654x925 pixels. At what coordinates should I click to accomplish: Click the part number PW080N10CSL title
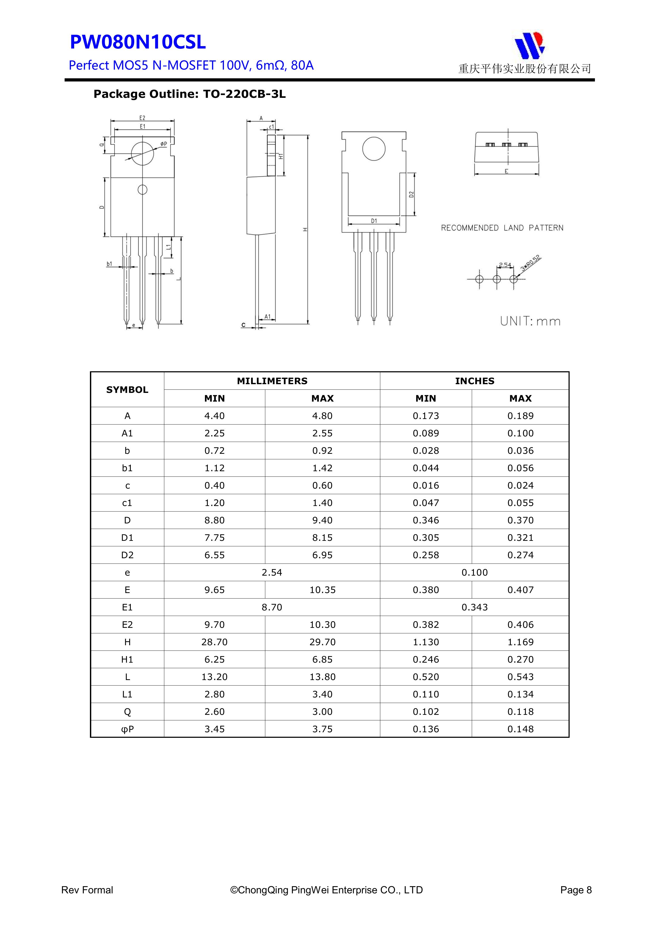pyautogui.click(x=138, y=42)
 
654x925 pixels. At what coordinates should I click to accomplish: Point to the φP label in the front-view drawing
pyautogui.click(x=163, y=144)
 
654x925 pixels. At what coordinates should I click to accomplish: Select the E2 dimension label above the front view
pyautogui.click(x=142, y=118)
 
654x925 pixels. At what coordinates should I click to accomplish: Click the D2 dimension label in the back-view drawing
pyautogui.click(x=411, y=194)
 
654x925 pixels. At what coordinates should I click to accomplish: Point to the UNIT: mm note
pyautogui.click(x=530, y=321)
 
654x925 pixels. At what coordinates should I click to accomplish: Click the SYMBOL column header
pyautogui.click(x=127, y=389)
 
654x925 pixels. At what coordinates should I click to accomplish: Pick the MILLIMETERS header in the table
pyautogui.click(x=272, y=381)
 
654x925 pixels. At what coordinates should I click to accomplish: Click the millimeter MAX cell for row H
pyautogui.click(x=322, y=642)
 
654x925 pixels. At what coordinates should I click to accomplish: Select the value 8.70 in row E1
pyautogui.click(x=272, y=607)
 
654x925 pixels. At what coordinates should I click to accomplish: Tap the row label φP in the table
pyautogui.click(x=127, y=729)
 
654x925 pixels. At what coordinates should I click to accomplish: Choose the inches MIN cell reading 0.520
pyautogui.click(x=426, y=677)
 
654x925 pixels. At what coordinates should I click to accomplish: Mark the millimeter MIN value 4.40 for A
pyautogui.click(x=214, y=416)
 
